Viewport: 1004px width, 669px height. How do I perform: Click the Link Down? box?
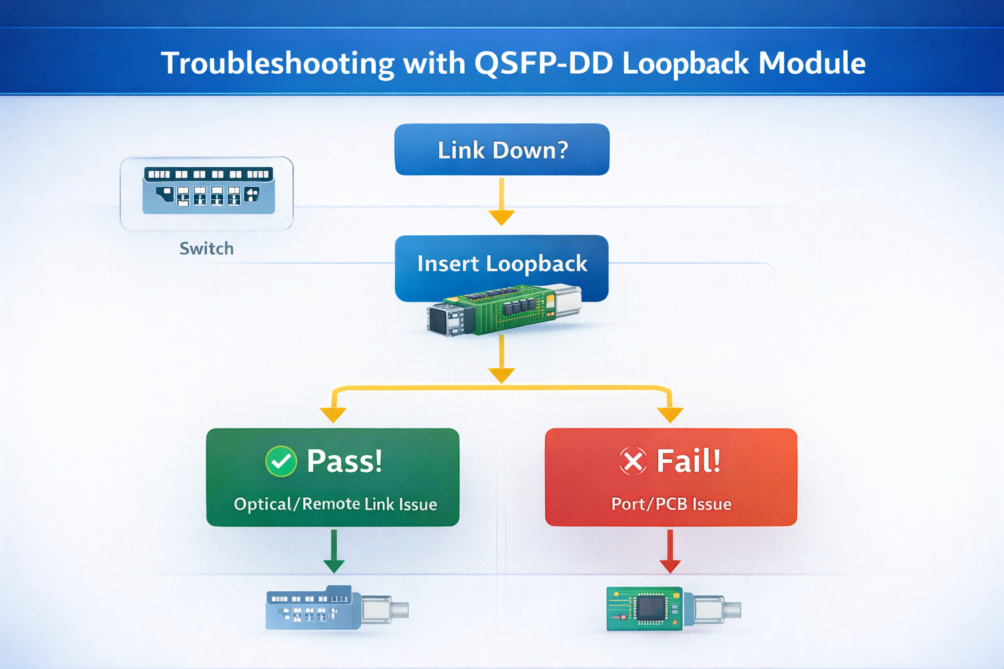pos(502,150)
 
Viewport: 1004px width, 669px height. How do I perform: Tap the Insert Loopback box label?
pos(502,264)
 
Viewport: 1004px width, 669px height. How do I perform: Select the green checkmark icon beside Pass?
pos(281,462)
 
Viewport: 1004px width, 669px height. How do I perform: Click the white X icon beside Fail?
pos(633,461)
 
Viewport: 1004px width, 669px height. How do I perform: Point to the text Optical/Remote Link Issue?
pos(335,504)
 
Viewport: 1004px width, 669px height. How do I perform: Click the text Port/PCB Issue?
pos(671,504)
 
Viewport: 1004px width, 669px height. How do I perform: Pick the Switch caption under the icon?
pos(207,249)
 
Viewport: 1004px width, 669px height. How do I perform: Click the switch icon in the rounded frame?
pos(208,191)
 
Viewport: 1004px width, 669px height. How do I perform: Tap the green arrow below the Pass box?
pos(334,552)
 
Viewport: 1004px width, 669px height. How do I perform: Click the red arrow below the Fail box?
pos(670,552)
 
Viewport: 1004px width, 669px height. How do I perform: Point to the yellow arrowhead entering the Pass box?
pos(333,415)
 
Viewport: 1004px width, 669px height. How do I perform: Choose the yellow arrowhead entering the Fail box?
pos(670,415)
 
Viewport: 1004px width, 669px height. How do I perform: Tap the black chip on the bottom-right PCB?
pos(650,608)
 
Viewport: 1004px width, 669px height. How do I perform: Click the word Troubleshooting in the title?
pos(277,63)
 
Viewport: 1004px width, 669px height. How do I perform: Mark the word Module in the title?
pos(812,63)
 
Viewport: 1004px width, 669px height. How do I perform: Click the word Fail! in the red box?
pos(688,461)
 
